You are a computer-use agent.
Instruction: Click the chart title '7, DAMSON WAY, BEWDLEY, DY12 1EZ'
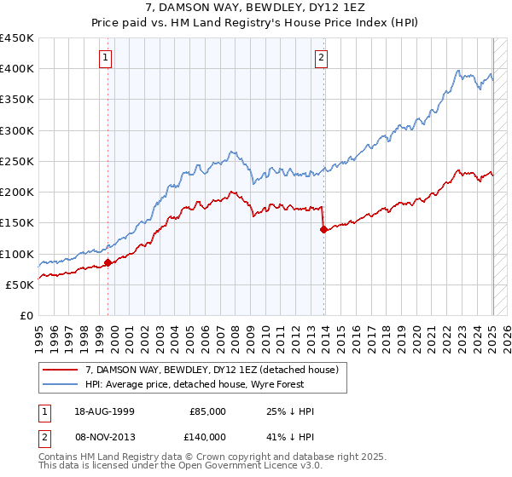click(255, 9)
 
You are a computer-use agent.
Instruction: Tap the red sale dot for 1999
click(108, 263)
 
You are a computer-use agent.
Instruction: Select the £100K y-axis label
click(17, 254)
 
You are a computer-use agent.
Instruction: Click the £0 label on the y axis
click(26, 316)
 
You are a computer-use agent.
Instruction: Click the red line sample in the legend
click(61, 370)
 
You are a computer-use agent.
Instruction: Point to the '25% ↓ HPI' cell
click(290, 411)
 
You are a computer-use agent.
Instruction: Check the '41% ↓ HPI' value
click(290, 435)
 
